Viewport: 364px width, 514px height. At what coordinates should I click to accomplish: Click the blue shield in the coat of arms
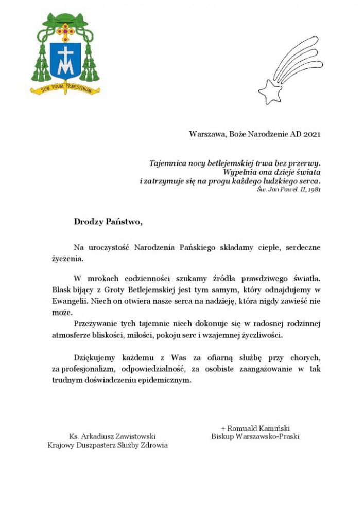coord(65,60)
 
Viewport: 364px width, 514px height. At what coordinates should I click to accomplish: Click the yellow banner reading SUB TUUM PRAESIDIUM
coord(65,89)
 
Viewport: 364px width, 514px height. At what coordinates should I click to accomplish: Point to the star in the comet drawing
coord(270,91)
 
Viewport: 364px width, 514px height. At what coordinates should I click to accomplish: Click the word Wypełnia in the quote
coord(239,172)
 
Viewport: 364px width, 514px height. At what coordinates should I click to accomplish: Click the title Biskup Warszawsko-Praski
coord(255,436)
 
